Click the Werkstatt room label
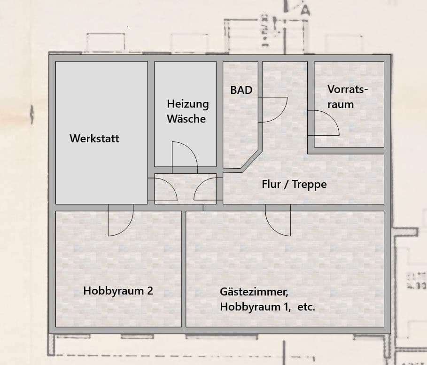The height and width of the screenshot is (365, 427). [94, 139]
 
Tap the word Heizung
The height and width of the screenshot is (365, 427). [187, 104]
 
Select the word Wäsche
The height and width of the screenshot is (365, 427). [186, 118]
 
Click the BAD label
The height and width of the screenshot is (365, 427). [241, 90]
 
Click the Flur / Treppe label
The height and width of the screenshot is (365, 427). [294, 184]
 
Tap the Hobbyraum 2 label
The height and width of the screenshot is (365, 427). [118, 291]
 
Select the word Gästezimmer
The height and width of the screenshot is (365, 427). [254, 292]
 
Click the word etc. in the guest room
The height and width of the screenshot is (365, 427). [306, 308]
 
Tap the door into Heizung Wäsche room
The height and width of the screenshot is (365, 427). [184, 155]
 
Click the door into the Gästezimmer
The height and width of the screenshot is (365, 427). [278, 222]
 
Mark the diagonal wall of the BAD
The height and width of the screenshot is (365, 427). [250, 161]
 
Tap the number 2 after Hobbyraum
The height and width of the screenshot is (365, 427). [150, 291]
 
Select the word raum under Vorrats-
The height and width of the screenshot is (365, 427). [341, 104]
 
